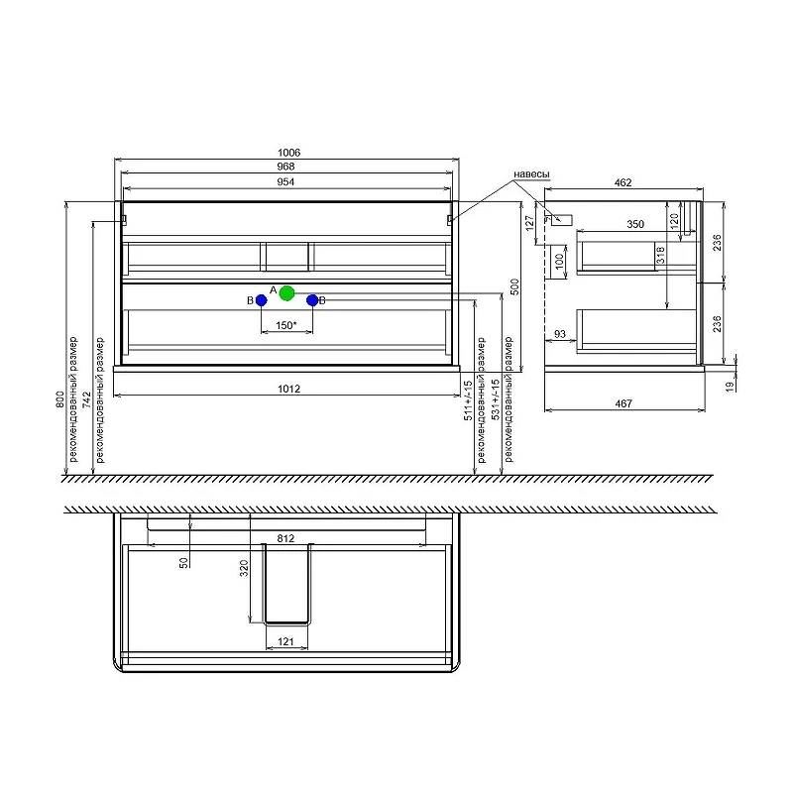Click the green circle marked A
[286, 292]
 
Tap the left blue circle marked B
[261, 300]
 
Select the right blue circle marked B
[312, 300]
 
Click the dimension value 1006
[288, 153]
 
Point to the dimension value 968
[285, 167]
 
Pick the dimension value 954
[285, 181]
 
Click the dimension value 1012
[288, 389]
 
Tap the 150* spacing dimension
[286, 325]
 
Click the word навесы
[531, 174]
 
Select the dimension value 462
[623, 182]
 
